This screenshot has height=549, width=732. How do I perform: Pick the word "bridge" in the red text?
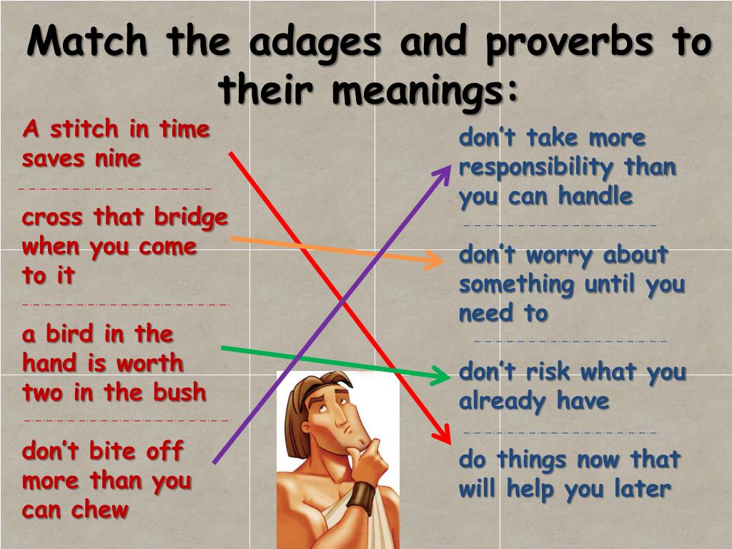pyautogui.click(x=191, y=217)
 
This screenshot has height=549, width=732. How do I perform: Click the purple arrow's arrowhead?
pyautogui.click(x=445, y=172)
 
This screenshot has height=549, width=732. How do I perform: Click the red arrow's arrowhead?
pyautogui.click(x=444, y=435)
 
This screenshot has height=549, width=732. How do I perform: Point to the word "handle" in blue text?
pyautogui.click(x=595, y=197)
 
